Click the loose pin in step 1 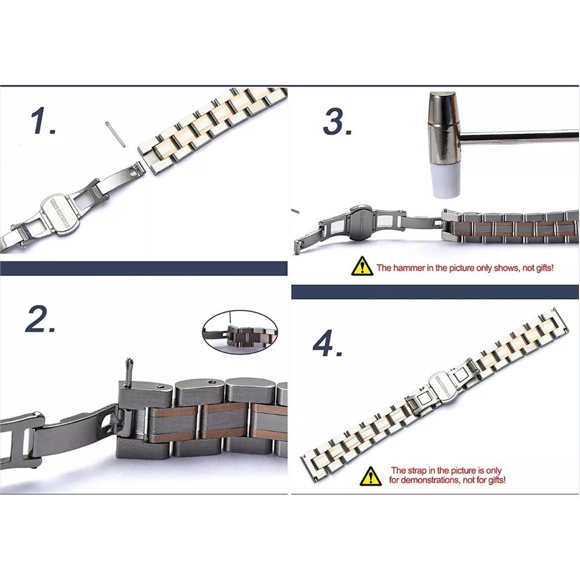pos(115,134)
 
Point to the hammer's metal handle pos(521,137)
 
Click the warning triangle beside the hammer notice pos(362,266)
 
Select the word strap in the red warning pos(418,470)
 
